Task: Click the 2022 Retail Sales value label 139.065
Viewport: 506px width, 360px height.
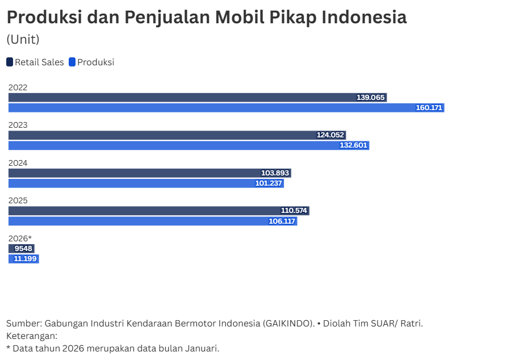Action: [371, 98]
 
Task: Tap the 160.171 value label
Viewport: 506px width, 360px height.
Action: [429, 108]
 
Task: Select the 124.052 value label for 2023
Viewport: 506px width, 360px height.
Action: [331, 135]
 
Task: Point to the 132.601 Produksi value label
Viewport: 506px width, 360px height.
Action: [354, 145]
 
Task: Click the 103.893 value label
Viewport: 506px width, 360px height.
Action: [276, 173]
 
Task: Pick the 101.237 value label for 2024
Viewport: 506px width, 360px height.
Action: [269, 183]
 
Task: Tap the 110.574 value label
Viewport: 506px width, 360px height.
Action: [294, 211]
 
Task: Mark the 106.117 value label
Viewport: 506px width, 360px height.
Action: [282, 221]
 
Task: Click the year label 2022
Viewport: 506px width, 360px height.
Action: [18, 87]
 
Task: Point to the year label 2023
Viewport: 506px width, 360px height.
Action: [18, 125]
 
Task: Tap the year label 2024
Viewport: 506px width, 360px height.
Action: [18, 163]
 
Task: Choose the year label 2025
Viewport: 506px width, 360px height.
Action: [18, 200]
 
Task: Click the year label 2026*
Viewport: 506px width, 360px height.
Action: [20, 238]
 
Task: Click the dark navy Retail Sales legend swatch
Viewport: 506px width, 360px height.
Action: [10, 62]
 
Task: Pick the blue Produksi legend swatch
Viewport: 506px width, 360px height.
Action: [72, 62]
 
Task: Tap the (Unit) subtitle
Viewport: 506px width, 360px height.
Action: [23, 40]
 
